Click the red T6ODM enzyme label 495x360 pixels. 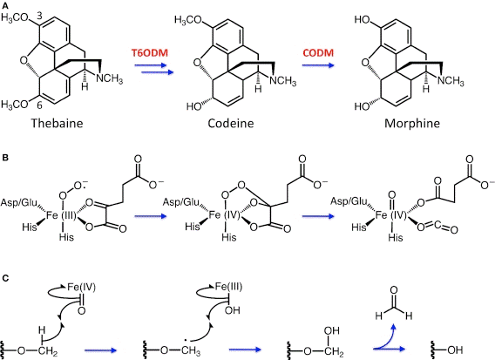[150, 52]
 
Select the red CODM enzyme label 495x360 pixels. [318, 52]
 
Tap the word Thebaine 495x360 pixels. [57, 123]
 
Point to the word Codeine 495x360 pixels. [230, 123]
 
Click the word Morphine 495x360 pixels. [412, 123]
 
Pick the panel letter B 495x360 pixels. [5, 158]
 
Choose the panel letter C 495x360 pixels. [5, 278]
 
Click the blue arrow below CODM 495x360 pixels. [318, 65]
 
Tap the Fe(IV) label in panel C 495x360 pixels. [81, 287]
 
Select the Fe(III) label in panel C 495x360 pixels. [228, 287]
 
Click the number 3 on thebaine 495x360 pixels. [39, 15]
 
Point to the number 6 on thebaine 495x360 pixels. [39, 105]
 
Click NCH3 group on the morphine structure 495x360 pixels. [451, 81]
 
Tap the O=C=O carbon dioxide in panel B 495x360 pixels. [437, 227]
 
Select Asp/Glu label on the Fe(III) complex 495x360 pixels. [18, 202]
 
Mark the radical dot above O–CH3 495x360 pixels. [186, 341]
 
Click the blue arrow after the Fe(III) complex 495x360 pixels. [150, 216]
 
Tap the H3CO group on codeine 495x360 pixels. [188, 21]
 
